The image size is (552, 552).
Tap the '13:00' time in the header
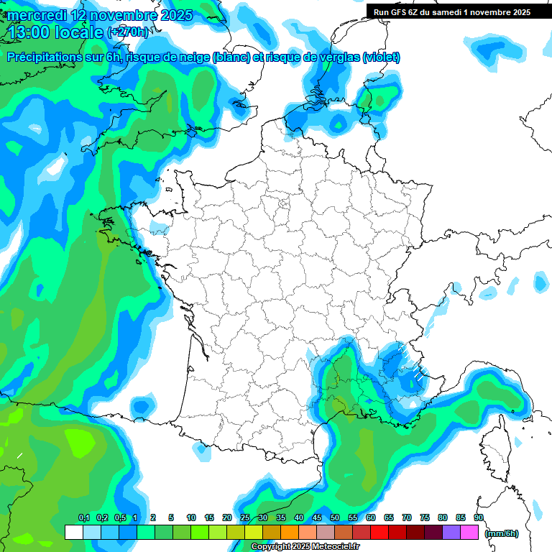pos(29,32)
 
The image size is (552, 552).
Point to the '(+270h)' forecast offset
pos(129,32)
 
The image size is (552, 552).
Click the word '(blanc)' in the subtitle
pos(229,57)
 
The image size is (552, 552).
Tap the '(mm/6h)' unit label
pos(502,533)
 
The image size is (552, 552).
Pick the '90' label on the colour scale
pos(478,518)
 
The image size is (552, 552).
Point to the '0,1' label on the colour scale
pos(83,518)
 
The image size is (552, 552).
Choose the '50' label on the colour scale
pos(335,518)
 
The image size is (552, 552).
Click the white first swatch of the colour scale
pos(73,533)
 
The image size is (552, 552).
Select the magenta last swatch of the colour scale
pos(469,533)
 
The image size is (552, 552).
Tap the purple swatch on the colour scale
pos(451,533)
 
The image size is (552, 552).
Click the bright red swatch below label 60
pos(379,533)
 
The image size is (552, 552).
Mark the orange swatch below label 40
pos(290,533)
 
